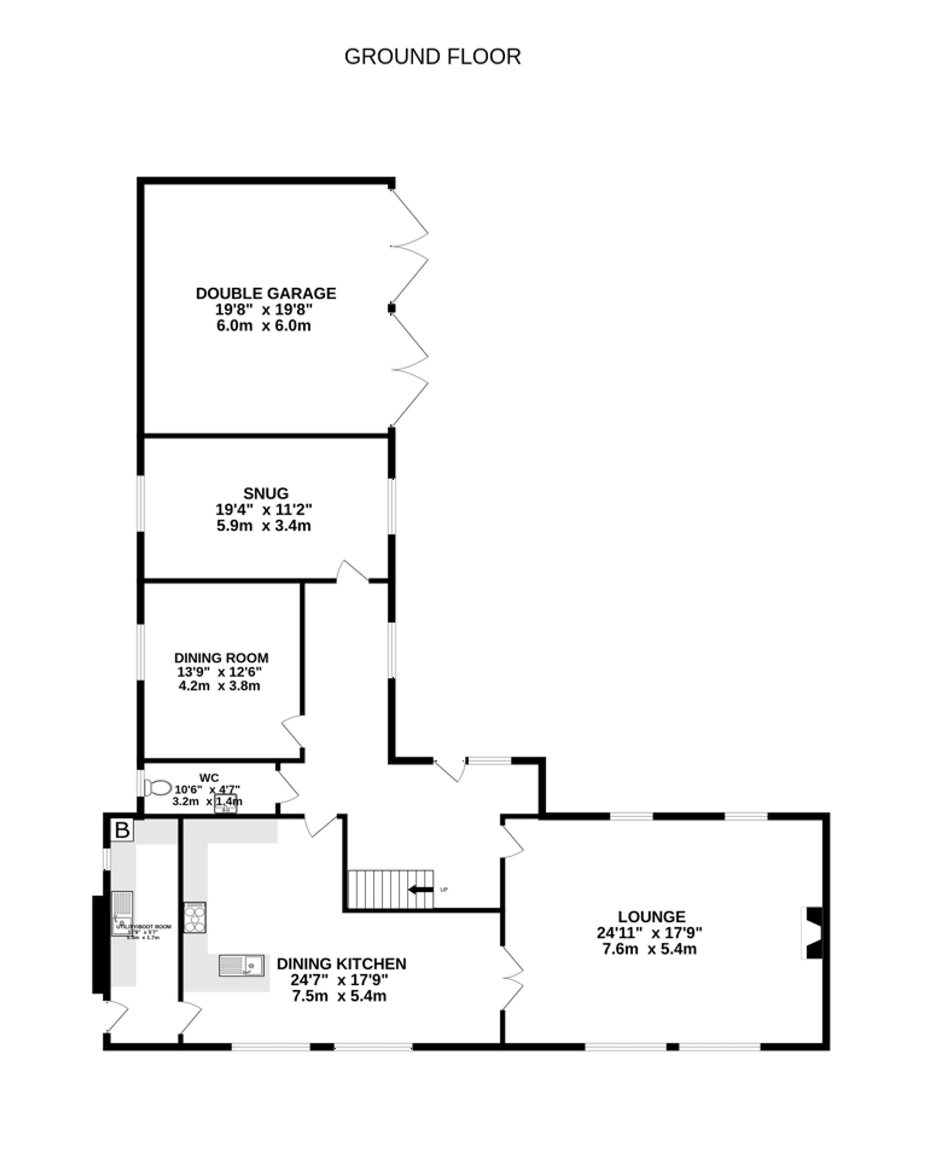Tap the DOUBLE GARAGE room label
266,293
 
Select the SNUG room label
266,493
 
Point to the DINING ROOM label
221,658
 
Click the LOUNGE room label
651,917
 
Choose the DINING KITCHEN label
342,964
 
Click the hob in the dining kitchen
195,917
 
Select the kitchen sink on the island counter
241,966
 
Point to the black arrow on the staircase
421,890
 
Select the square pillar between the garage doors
391,308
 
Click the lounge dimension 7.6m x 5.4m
649,949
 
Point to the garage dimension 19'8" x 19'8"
264,309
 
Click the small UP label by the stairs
444,890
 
